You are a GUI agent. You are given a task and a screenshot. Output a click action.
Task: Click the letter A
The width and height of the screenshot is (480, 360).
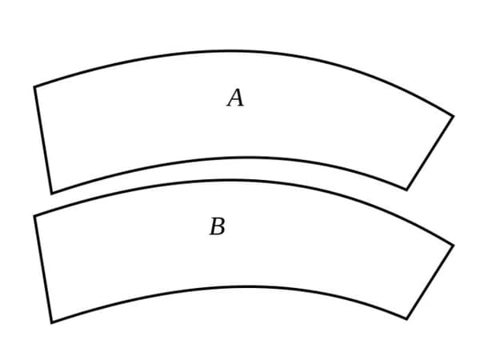tap(235, 98)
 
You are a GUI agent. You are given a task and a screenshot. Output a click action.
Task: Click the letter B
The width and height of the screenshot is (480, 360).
tap(217, 227)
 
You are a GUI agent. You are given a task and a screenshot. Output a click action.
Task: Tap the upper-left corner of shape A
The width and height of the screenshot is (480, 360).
tap(34, 86)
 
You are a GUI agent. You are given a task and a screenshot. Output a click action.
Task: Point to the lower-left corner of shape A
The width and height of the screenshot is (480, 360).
tap(51, 193)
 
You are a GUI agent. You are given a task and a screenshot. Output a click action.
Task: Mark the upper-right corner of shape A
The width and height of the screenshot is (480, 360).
tap(453, 116)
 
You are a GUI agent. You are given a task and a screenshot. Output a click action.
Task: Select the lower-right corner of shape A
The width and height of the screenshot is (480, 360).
tap(406, 190)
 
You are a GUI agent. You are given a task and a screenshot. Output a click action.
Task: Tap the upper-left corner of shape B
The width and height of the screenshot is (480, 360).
tap(34, 216)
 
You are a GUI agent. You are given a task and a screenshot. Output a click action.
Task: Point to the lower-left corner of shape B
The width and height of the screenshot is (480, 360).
tap(51, 322)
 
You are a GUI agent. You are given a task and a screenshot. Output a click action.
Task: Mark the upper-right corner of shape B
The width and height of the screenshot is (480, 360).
tap(453, 246)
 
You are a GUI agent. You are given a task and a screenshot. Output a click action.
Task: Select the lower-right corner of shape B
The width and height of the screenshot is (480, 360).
tap(406, 319)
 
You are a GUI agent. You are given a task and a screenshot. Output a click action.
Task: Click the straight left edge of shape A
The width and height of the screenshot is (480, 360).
tap(42, 140)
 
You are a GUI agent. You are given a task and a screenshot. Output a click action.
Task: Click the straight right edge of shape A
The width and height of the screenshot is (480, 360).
tap(430, 153)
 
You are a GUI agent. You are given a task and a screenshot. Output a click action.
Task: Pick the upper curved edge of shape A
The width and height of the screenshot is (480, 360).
tap(240, 51)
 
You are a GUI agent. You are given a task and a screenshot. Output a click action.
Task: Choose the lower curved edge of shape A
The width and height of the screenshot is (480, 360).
tap(240, 158)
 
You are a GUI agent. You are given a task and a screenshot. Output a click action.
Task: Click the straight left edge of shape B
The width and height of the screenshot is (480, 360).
tap(42, 270)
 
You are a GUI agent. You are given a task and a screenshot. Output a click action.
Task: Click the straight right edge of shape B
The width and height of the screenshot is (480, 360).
tap(430, 282)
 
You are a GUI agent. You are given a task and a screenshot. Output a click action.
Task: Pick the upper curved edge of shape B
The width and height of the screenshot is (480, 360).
tap(240, 181)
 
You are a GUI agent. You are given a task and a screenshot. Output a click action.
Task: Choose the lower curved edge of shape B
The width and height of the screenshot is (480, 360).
tap(240, 287)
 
